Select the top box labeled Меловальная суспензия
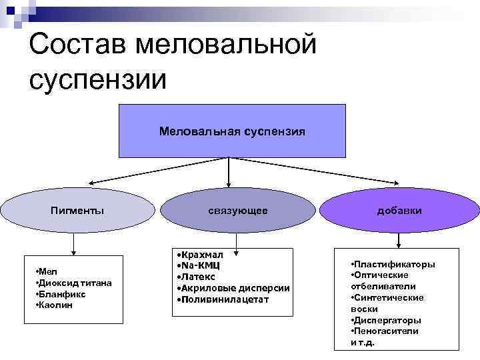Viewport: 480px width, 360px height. coord(232,131)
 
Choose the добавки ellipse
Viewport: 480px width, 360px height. coord(399,211)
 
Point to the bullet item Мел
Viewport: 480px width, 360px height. coord(48,272)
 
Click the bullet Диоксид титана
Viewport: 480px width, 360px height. coord(75,283)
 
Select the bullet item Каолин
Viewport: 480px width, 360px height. coord(56,305)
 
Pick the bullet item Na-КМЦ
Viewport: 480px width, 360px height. coord(199,265)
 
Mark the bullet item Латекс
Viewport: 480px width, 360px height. coord(198,276)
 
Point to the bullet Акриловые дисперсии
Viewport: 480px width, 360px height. coord(233,287)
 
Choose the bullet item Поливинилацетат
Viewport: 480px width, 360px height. coord(224,299)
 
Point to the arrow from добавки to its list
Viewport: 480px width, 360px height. coord(399,240)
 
